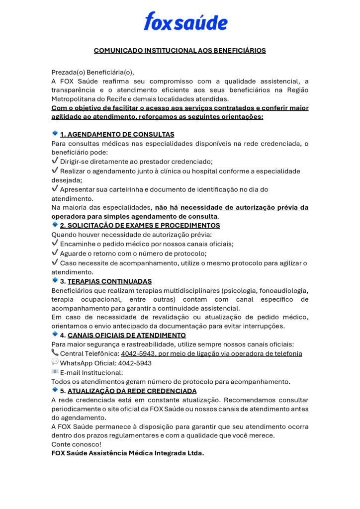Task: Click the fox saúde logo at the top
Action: tap(185, 22)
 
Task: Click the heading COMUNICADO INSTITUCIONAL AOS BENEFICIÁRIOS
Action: tap(180, 50)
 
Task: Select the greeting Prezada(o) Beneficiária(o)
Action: tap(92, 72)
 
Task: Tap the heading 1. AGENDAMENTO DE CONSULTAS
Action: tap(117, 134)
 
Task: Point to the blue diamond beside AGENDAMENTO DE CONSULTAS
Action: tap(55, 133)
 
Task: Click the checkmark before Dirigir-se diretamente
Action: tap(55, 162)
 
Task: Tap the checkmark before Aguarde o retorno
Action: tap(55, 253)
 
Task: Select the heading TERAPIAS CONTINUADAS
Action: tap(109, 281)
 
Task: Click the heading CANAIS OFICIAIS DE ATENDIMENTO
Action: tap(126, 335)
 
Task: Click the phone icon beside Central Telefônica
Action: tap(55, 353)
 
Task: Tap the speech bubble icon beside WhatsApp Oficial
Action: tap(55, 362)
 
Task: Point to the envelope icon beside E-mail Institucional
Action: tap(55, 372)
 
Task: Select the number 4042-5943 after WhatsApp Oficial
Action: tap(135, 363)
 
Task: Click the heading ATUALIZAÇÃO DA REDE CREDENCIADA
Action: tap(132, 391)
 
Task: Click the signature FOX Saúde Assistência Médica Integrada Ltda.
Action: tap(128, 453)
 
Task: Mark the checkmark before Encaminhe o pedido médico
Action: tap(55, 244)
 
